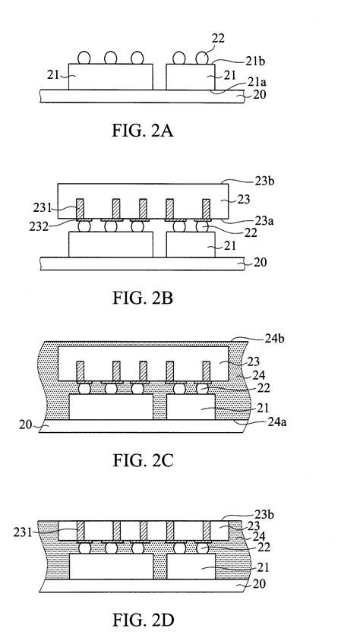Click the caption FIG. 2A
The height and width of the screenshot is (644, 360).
(141, 131)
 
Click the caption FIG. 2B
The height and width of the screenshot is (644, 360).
(141, 298)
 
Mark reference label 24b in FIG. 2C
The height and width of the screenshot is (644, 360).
(249, 341)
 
